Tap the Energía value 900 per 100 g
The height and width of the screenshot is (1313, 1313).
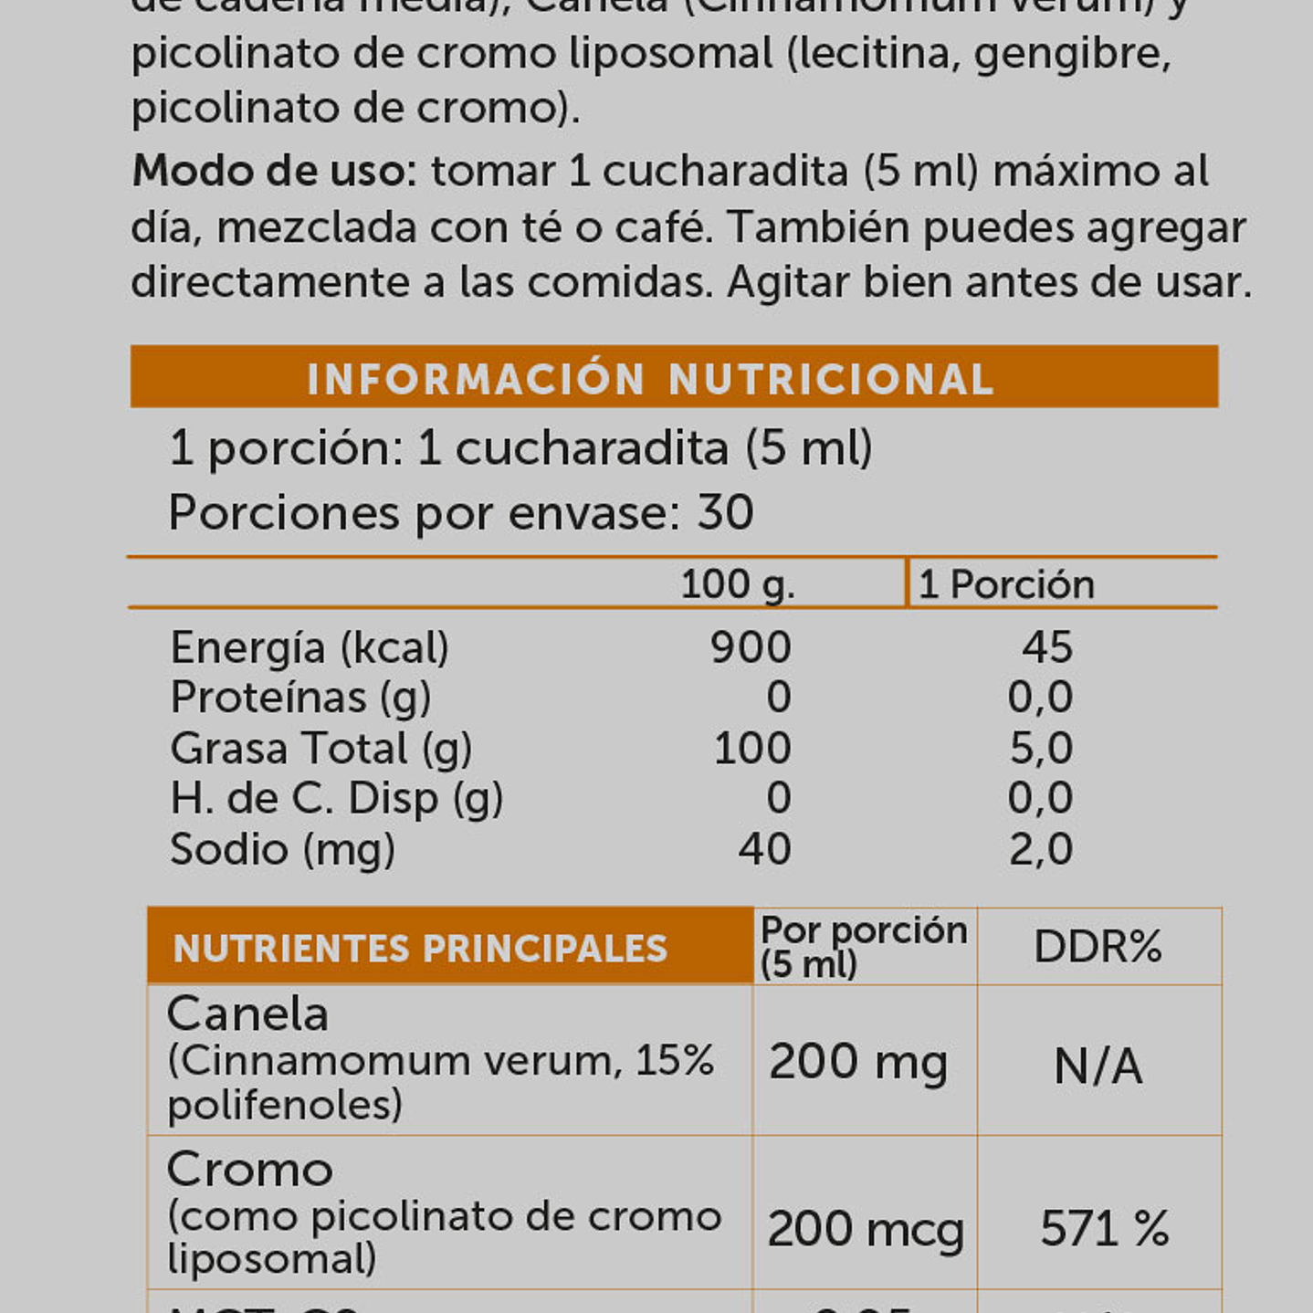[x=750, y=647]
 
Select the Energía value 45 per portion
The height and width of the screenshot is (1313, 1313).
[x=1046, y=647]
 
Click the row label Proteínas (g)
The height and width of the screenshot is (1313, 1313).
[x=300, y=699]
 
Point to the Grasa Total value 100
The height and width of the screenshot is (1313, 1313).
[x=751, y=749]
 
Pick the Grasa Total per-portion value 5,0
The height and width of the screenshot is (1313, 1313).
[x=1041, y=749]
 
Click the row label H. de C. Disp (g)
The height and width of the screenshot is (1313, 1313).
[x=336, y=799]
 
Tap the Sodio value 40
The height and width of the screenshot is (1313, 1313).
[x=764, y=849]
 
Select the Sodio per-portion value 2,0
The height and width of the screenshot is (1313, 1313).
[x=1041, y=849]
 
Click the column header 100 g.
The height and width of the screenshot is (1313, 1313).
[x=737, y=584]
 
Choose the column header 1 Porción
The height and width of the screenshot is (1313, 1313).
[x=1005, y=584]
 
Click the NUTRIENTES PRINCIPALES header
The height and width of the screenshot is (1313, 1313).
[x=420, y=949]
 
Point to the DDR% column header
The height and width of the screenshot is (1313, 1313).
[x=1098, y=947]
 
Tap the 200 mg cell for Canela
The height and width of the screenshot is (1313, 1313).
[x=857, y=1063]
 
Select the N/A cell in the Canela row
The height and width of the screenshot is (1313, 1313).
[x=1098, y=1066]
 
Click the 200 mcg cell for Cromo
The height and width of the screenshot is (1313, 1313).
[x=865, y=1229]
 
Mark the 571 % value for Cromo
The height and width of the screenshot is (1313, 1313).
[x=1105, y=1229]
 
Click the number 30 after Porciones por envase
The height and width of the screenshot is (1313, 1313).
[x=725, y=512]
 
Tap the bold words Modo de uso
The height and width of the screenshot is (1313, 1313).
[x=274, y=172]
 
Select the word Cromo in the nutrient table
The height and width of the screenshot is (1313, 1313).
[x=249, y=1170]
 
